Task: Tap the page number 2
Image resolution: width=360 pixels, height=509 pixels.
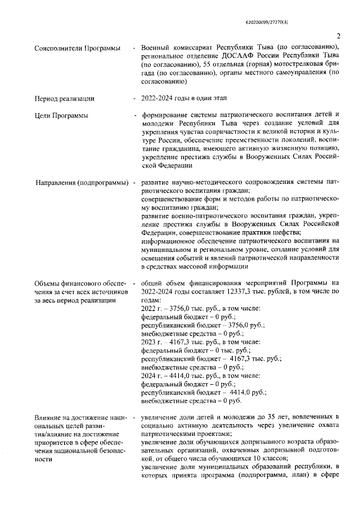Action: coord(338,37)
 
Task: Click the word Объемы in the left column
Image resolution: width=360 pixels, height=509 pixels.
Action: coord(48,282)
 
